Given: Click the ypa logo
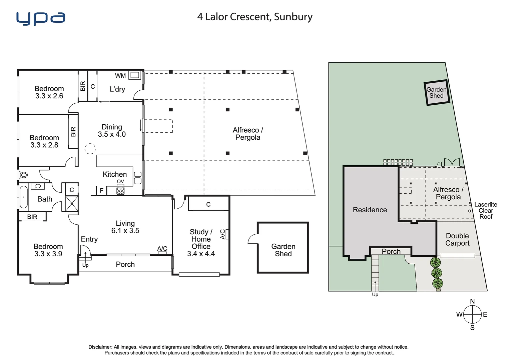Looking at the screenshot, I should tap(41, 19).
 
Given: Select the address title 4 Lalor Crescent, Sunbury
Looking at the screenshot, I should tap(255, 17).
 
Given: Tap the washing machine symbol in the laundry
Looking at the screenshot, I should tap(134, 75).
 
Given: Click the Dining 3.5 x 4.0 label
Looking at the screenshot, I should tap(112, 131).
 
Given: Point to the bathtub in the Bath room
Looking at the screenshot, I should tap(23, 197).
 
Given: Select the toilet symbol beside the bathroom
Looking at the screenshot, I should tap(23, 175).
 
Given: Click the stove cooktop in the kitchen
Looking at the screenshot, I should tap(120, 191).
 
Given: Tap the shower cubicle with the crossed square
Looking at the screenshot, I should tap(72, 203).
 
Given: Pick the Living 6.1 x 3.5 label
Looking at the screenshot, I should tap(125, 227).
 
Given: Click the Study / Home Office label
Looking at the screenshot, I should tap(201, 239).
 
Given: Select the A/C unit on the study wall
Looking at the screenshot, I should tap(227, 234).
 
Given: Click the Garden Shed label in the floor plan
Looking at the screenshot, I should tap(283, 250).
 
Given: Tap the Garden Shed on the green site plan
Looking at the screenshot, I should tap(437, 93).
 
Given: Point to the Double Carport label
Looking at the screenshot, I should tap(457, 240).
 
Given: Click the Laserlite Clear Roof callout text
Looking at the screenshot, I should tap(486, 211).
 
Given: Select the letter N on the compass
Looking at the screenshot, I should tap(472, 301).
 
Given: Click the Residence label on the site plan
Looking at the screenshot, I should tap(370, 210).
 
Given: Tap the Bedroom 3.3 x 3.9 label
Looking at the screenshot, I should tap(48, 250).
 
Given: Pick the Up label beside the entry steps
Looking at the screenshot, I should tap(85, 265).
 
